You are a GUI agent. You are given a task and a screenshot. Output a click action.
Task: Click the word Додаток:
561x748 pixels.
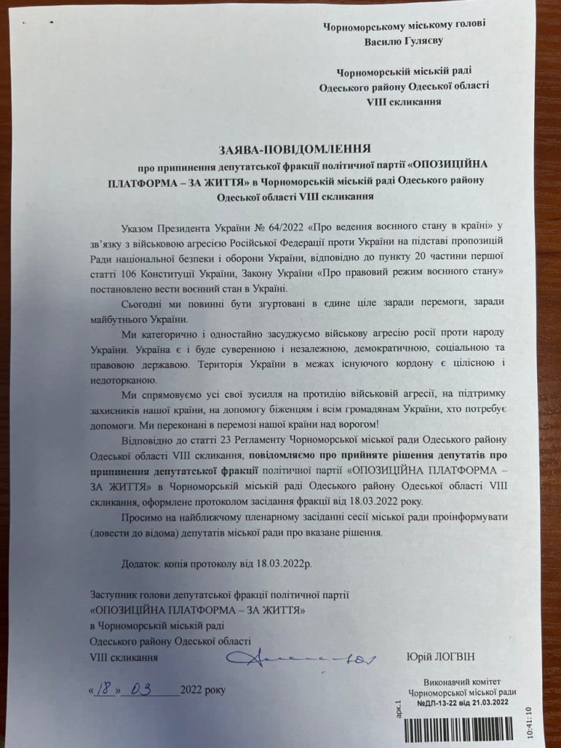142,563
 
